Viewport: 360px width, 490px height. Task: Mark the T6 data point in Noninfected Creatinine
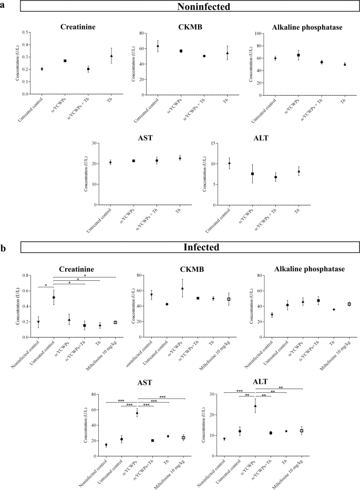111,56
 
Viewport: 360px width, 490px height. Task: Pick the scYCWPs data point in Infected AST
137,413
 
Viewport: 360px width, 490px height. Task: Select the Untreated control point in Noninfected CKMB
157,46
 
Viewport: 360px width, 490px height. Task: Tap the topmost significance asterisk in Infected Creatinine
85,274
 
